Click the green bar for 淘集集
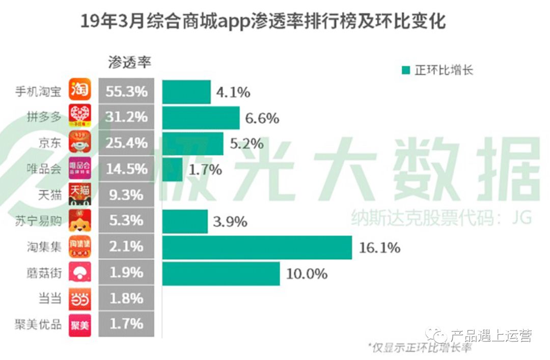(257, 247)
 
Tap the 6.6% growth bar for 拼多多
(201, 118)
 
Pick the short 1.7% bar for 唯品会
(172, 169)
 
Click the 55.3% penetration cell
(126, 92)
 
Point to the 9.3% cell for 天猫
(126, 195)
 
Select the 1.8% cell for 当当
(126, 298)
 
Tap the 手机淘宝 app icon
(80, 91)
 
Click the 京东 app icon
(80, 143)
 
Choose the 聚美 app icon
(80, 324)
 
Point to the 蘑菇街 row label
(44, 273)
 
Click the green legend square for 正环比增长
(405, 70)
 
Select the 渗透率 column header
(129, 62)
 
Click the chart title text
(263, 22)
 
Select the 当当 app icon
(80, 298)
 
